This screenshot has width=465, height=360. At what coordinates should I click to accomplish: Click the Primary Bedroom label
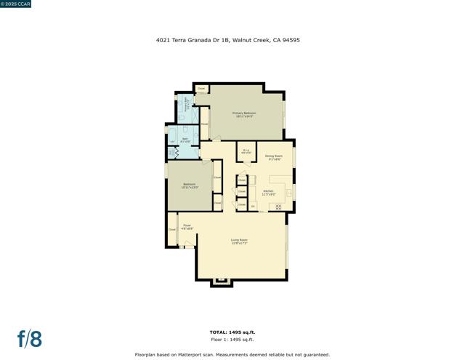click(244, 114)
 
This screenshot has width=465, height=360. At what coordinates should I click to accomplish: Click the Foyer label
click(187, 227)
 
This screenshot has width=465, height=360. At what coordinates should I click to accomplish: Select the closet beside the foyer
click(172, 230)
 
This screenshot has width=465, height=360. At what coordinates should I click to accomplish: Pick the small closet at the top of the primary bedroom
click(201, 89)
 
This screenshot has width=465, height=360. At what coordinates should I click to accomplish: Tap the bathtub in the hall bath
click(171, 140)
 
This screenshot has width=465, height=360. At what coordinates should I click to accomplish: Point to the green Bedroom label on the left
click(189, 185)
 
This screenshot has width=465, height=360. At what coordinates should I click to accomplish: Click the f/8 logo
click(30, 339)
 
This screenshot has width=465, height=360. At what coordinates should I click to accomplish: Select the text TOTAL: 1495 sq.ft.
click(232, 332)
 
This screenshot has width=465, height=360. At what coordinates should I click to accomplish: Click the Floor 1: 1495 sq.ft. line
click(232, 340)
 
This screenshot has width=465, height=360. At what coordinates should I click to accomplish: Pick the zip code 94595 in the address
click(291, 41)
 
